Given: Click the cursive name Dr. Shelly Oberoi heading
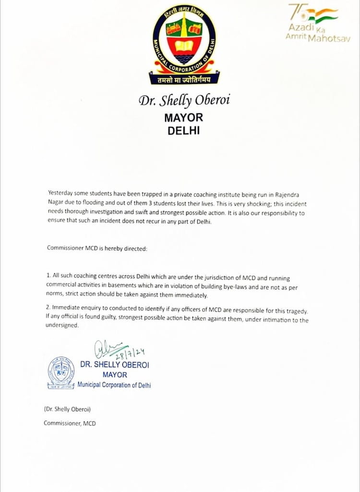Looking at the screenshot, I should click(x=184, y=100).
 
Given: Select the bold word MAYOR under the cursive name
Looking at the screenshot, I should click(x=183, y=117).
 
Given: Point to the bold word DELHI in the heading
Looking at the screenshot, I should click(x=183, y=130).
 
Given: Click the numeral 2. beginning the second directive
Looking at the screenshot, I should click(x=49, y=311).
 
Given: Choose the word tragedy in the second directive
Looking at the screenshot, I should click(x=294, y=311).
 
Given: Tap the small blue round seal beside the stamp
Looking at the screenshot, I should click(x=61, y=372).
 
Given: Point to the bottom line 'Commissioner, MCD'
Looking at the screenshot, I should click(x=70, y=423).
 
